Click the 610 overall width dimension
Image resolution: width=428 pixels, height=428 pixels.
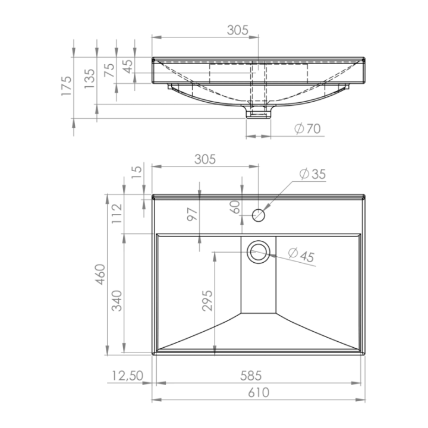[259, 392]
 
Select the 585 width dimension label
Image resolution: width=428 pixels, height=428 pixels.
[251, 376]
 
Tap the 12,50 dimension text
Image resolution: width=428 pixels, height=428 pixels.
[127, 376]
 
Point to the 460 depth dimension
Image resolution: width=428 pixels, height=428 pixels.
[100, 274]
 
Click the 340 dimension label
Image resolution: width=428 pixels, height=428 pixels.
[117, 301]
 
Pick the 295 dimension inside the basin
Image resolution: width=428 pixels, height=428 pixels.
[207, 301]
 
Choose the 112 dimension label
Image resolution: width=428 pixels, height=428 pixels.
[117, 214]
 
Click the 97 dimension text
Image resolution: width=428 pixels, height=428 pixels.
[192, 214]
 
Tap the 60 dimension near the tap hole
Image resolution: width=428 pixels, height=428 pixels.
[235, 207]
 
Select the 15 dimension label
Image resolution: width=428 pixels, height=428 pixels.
[137, 172]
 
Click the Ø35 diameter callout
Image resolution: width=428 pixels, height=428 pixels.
[313, 174]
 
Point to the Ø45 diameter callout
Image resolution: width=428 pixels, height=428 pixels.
[301, 255]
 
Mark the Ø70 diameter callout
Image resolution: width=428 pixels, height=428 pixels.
[308, 128]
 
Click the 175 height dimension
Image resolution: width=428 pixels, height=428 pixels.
[67, 86]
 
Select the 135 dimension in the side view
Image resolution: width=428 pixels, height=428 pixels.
[90, 78]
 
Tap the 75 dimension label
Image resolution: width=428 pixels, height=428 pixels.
[109, 70]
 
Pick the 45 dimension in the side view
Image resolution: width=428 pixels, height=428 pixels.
[128, 66]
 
